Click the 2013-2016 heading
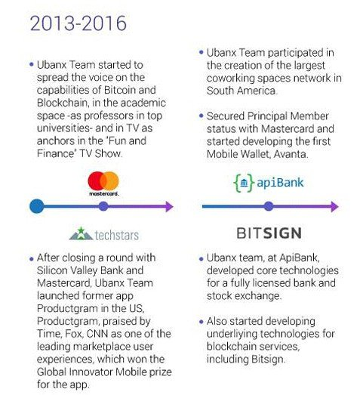coord(78,23)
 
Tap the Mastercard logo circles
coord(103,181)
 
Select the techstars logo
coord(104,234)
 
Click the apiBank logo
coord(269,183)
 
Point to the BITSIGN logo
coord(269,233)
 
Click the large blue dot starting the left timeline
coord(37,206)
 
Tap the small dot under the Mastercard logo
coord(103,206)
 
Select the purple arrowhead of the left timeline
coord(169,206)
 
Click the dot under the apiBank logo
coord(269,206)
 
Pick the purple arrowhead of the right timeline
coord(334,206)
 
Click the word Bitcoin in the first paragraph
coord(119,90)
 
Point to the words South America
coord(242,91)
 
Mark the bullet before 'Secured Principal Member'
coord(201,116)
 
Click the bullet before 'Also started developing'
coord(201,322)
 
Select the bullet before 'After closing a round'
coord(31,259)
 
